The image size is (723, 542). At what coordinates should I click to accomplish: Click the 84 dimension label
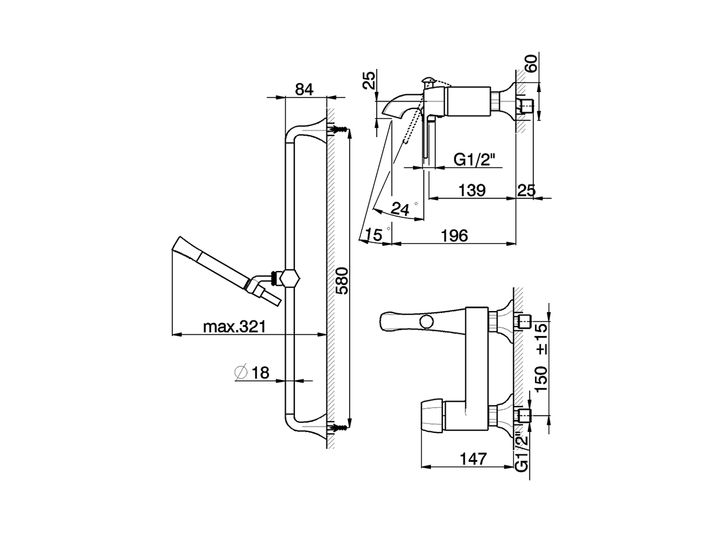point(304,89)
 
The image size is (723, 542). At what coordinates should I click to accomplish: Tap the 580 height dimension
point(342,280)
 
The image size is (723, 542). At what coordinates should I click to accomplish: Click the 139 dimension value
point(472,190)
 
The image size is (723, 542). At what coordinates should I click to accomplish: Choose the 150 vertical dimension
point(541,379)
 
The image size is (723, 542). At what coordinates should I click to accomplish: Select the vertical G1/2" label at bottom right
point(522,452)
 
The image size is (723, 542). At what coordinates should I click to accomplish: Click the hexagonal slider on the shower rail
point(290,278)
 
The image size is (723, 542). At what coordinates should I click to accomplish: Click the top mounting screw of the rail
point(338,130)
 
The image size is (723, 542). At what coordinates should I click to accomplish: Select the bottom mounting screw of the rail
point(338,427)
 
